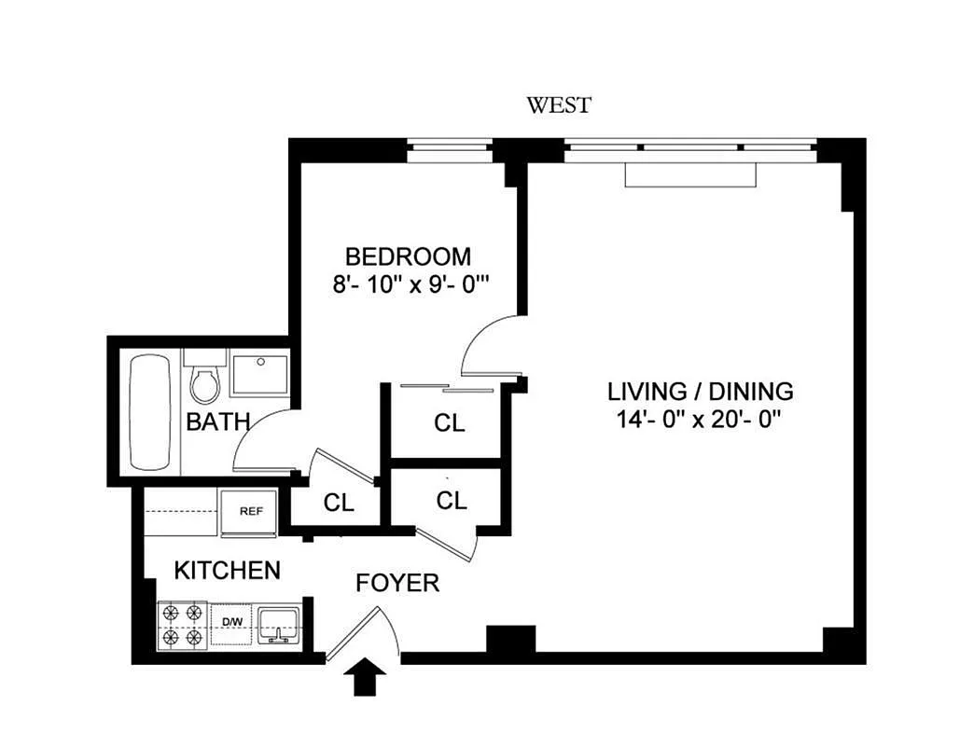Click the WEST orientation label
[x=559, y=104]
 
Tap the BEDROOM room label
[x=408, y=256]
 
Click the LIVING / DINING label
[x=700, y=392]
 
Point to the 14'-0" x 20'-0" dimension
[x=698, y=421]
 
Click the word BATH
[x=218, y=422]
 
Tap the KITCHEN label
[x=228, y=571]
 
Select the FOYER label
[x=397, y=583]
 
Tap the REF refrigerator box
[x=251, y=512]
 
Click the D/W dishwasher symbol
[x=231, y=623]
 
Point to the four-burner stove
[x=182, y=626]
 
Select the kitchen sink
[x=279, y=626]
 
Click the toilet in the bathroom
[x=205, y=378]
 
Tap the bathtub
[x=150, y=412]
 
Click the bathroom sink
[x=259, y=373]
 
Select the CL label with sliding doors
[x=449, y=423]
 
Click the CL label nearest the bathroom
[x=339, y=503]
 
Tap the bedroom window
[x=451, y=149]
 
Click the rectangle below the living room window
[x=690, y=174]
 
